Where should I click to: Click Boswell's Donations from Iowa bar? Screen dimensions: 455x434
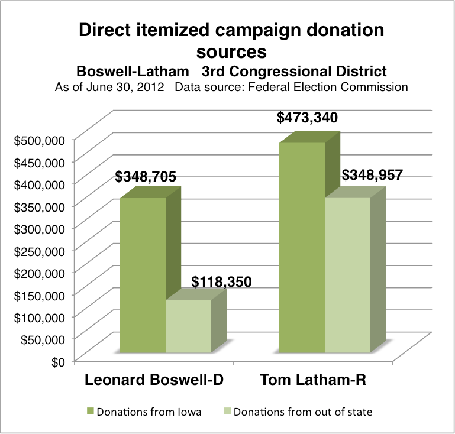click(x=143, y=275)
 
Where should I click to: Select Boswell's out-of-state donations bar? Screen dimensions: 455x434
click(x=188, y=326)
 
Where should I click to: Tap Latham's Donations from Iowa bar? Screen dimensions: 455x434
click(x=302, y=248)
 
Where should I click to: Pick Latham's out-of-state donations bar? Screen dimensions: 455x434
click(x=348, y=275)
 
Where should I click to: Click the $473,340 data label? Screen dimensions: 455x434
click(x=307, y=118)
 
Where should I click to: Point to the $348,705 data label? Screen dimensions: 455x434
click(x=146, y=177)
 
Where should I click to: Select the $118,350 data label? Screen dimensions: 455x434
click(x=221, y=282)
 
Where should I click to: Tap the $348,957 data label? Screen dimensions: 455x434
click(x=372, y=175)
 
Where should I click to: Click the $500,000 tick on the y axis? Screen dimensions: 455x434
click(x=40, y=141)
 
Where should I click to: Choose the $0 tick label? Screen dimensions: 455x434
click(x=58, y=362)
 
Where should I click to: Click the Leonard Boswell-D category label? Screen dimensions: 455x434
click(x=154, y=380)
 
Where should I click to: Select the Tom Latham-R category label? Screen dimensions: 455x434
click(x=313, y=380)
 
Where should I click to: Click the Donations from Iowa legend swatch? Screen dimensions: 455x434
click(x=91, y=412)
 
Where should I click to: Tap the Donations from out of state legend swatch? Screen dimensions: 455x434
click(x=227, y=412)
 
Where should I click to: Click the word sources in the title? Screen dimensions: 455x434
click(x=231, y=52)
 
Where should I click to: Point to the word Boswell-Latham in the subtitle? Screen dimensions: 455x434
click(x=133, y=72)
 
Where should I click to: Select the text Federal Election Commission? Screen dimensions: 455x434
click(x=328, y=87)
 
